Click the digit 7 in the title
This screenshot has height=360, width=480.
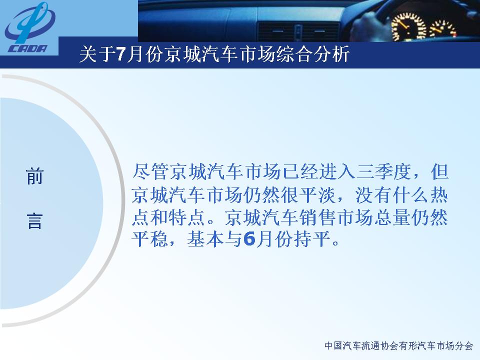(121, 55)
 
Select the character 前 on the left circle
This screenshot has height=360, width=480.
(34, 176)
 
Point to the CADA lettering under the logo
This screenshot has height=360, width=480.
(28, 48)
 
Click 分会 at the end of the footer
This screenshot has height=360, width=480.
(464, 346)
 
